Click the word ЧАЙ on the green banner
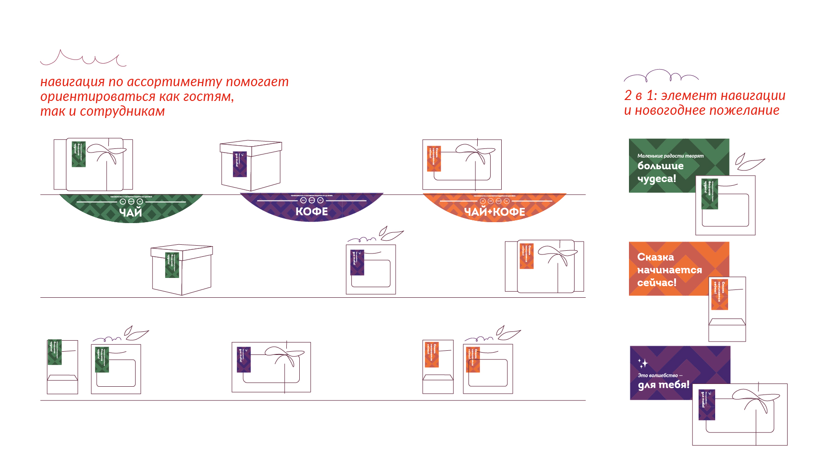pyautogui.click(x=130, y=212)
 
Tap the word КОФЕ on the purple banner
pyautogui.click(x=312, y=212)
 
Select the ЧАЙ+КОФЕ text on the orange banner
pyautogui.click(x=494, y=212)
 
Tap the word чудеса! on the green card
pyautogui.click(x=657, y=178)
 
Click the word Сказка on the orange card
pyautogui.click(x=655, y=257)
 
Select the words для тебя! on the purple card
pyautogui.click(x=664, y=384)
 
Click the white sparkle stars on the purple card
pyautogui.click(x=643, y=363)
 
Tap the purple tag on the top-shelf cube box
pyautogui.click(x=240, y=164)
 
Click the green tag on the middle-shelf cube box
pyautogui.click(x=172, y=265)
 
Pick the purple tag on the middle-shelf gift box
pyautogui.click(x=357, y=262)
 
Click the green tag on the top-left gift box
pyautogui.click(x=79, y=154)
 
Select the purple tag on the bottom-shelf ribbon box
pyautogui.click(x=243, y=360)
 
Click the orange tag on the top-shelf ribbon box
pyautogui.click(x=434, y=159)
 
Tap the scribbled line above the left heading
pyautogui.click(x=83, y=59)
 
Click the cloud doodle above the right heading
pyautogui.click(x=661, y=76)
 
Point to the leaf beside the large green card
pyautogui.click(x=749, y=162)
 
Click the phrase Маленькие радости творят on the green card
pyautogui.click(x=670, y=156)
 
